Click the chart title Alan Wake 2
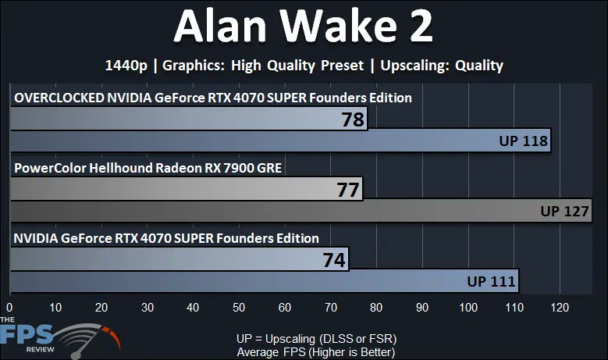click(x=304, y=28)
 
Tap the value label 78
click(x=353, y=119)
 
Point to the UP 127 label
click(x=564, y=211)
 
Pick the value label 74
click(x=333, y=260)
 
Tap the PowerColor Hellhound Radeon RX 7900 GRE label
click(x=148, y=167)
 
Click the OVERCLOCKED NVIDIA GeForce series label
click(x=212, y=98)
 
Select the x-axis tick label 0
click(x=9, y=308)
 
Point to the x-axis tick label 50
click(x=239, y=308)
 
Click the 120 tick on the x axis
click(x=560, y=308)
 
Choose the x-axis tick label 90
click(x=422, y=308)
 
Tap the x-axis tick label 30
click(x=147, y=308)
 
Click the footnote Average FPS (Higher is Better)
click(x=316, y=352)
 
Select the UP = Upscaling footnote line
click(x=316, y=339)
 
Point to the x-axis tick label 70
click(x=330, y=308)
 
